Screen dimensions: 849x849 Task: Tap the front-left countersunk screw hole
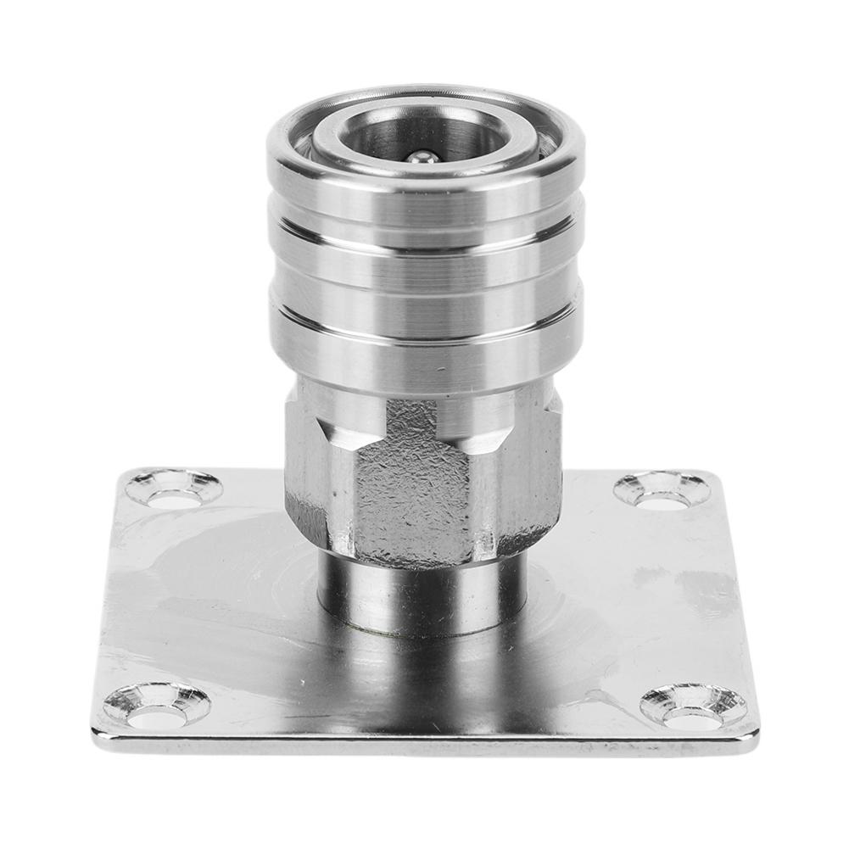(157, 705)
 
